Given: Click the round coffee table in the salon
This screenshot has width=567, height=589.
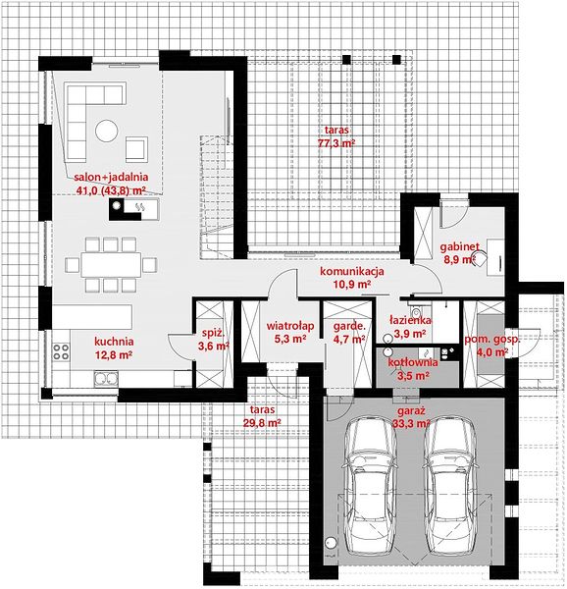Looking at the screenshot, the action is pyautogui.click(x=107, y=131).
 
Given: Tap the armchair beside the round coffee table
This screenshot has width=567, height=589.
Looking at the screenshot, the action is pyautogui.click(x=136, y=149).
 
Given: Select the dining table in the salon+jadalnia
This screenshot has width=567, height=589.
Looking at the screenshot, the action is pyautogui.click(x=111, y=265).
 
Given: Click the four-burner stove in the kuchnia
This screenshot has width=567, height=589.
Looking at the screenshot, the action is pyautogui.click(x=61, y=351).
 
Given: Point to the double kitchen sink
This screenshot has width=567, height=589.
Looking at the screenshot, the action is pyautogui.click(x=106, y=379).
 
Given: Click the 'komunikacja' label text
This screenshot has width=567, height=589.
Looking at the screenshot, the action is pyautogui.click(x=351, y=271).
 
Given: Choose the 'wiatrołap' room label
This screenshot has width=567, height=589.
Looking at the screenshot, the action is pyautogui.click(x=290, y=326).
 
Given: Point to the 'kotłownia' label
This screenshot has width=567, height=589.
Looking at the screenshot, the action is pyautogui.click(x=413, y=362).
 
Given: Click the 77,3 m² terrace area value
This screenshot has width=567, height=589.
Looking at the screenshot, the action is pyautogui.click(x=336, y=143).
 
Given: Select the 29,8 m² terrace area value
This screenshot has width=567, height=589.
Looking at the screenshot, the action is pyautogui.click(x=262, y=423).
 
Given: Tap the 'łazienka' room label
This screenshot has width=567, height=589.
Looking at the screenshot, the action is pyautogui.click(x=410, y=320).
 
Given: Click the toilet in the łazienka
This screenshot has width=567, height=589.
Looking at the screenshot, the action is pyautogui.click(x=415, y=310).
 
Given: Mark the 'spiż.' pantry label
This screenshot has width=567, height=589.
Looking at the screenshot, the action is pyautogui.click(x=213, y=333).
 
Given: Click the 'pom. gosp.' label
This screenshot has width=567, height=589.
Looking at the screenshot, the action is pyautogui.click(x=492, y=340).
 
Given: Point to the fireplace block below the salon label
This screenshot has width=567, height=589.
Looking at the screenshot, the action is pyautogui.click(x=133, y=209).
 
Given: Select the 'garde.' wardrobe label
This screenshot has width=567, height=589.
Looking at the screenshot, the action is pyautogui.click(x=349, y=326).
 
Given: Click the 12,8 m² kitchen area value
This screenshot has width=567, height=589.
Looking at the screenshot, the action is pyautogui.click(x=114, y=354).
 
